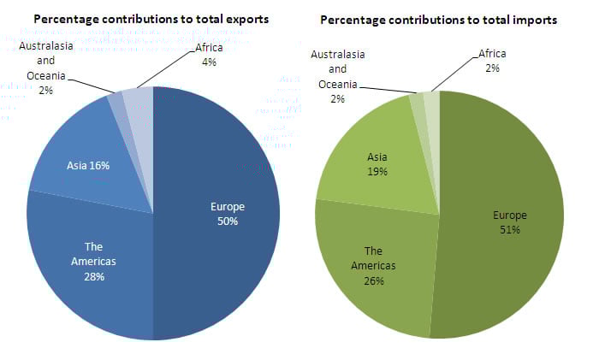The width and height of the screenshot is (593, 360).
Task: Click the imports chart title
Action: tap(439, 18)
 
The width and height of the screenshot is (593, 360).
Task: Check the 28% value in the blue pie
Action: tap(93, 277)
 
